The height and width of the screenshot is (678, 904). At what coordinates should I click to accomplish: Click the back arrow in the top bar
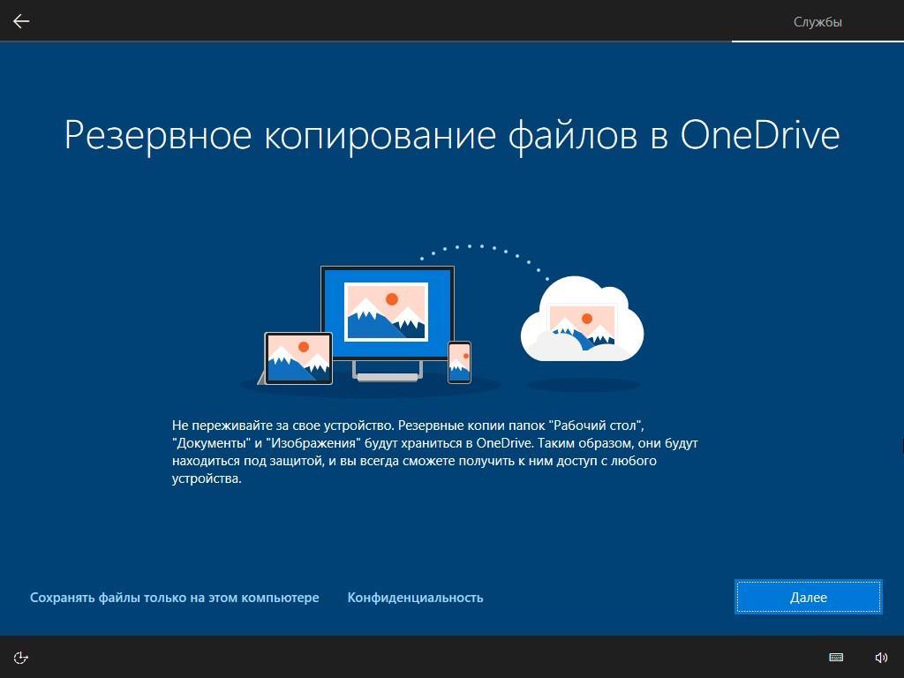click(x=21, y=21)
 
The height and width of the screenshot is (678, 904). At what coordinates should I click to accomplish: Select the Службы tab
click(x=817, y=22)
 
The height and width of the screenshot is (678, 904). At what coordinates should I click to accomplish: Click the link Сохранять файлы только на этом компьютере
click(x=174, y=598)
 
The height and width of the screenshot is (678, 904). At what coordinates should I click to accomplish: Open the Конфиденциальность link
click(x=415, y=598)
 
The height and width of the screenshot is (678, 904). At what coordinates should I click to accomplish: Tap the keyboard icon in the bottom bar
click(x=836, y=657)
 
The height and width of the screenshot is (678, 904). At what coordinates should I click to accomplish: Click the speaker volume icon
click(x=881, y=657)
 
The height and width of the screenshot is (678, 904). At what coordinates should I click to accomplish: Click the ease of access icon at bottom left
click(x=21, y=657)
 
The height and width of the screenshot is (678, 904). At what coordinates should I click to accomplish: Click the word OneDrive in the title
click(x=760, y=135)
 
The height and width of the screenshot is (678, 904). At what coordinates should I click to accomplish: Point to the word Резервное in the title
click(x=158, y=136)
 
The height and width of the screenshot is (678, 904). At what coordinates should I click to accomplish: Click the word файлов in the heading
click(x=572, y=136)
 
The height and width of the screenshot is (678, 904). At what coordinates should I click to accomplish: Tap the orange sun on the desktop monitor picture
click(x=392, y=299)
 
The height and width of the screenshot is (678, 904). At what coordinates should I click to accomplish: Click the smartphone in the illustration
click(x=459, y=362)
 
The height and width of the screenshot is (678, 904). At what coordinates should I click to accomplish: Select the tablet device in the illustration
click(x=298, y=358)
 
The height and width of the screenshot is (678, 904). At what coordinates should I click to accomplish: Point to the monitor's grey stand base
click(x=388, y=378)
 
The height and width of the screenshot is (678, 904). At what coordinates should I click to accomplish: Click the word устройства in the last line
click(x=207, y=478)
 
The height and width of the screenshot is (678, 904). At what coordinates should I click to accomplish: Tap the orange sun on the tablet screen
click(x=304, y=346)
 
